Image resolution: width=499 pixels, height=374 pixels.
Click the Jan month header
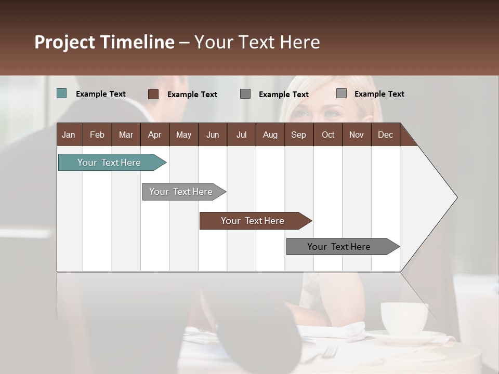pos(69,135)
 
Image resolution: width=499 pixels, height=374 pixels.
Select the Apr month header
pos(154,135)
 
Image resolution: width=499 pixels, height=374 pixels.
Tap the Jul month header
pos(241,135)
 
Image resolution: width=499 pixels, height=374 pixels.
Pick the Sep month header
pos(298,135)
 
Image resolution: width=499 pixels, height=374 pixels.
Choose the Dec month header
pos(385,135)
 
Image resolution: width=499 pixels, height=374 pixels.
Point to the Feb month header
pos(97,135)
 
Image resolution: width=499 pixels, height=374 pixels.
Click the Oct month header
pos(328,135)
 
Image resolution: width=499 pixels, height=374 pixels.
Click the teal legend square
pos(61,94)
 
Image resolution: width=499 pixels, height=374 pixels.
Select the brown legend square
pos(153,94)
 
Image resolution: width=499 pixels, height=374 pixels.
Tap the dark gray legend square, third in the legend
pos(245,94)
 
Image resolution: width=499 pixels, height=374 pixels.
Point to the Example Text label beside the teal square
pos(101,94)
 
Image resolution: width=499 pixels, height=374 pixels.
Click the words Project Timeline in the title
pos(104,42)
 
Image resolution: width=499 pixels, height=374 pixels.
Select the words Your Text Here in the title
pos(257,42)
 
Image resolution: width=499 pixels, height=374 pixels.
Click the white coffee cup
pos(404,317)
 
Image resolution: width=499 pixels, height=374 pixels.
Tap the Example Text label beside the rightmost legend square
pos(379,94)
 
